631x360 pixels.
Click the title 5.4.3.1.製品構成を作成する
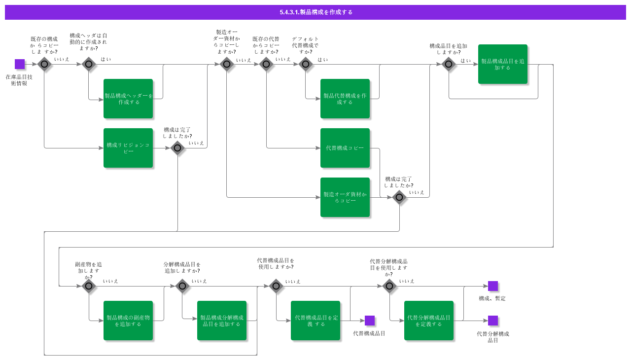[x=315, y=12]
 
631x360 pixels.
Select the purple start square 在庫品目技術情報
[x=20, y=64]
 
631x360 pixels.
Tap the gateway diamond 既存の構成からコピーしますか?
[x=44, y=64]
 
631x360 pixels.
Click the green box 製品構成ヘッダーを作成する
[x=128, y=99]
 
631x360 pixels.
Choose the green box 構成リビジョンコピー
[x=128, y=148]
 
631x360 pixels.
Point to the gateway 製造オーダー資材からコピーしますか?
[x=227, y=64]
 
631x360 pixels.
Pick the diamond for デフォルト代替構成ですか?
[x=306, y=64]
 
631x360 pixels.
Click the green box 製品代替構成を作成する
[x=345, y=99]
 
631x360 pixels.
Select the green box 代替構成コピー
[x=345, y=148]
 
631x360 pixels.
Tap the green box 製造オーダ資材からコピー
[x=345, y=197]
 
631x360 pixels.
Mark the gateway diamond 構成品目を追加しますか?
[x=449, y=64]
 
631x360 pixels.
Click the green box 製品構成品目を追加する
[x=503, y=64]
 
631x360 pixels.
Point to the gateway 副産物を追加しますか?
[x=89, y=286]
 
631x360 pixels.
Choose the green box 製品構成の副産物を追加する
[x=128, y=321]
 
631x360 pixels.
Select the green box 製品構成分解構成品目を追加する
[x=222, y=321]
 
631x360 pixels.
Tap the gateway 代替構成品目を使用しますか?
[x=276, y=286]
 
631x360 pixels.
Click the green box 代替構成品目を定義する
[x=315, y=321]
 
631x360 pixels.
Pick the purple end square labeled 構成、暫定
[x=493, y=286]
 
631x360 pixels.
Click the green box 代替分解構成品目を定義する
[x=429, y=321]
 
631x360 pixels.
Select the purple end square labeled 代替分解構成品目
[x=493, y=321]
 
